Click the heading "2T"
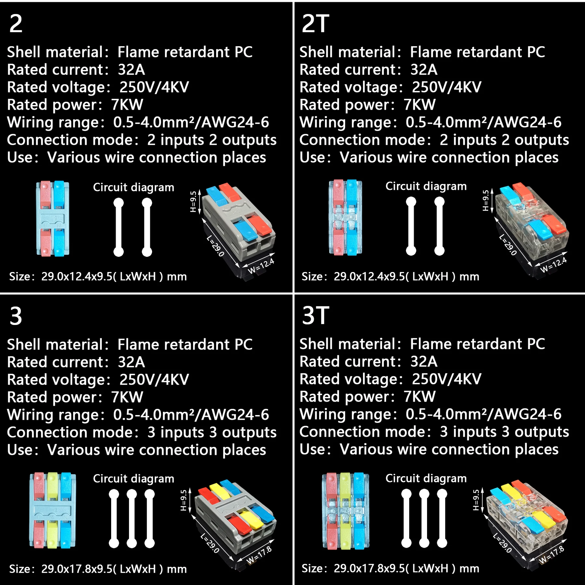point(315,24)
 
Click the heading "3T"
point(315,316)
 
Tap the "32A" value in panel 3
point(131,362)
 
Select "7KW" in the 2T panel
point(419,105)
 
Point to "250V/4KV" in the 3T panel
point(447,379)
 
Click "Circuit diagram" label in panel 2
point(134,188)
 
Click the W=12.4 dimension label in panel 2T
point(553,265)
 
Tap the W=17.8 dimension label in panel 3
point(259,555)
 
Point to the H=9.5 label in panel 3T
point(476,500)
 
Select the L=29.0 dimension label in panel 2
point(215,246)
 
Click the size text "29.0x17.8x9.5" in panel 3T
point(369,568)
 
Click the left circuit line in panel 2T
point(411,226)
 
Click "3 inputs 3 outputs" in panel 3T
point(504,432)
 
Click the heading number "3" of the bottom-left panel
point(16,316)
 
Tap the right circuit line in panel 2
point(147,227)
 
